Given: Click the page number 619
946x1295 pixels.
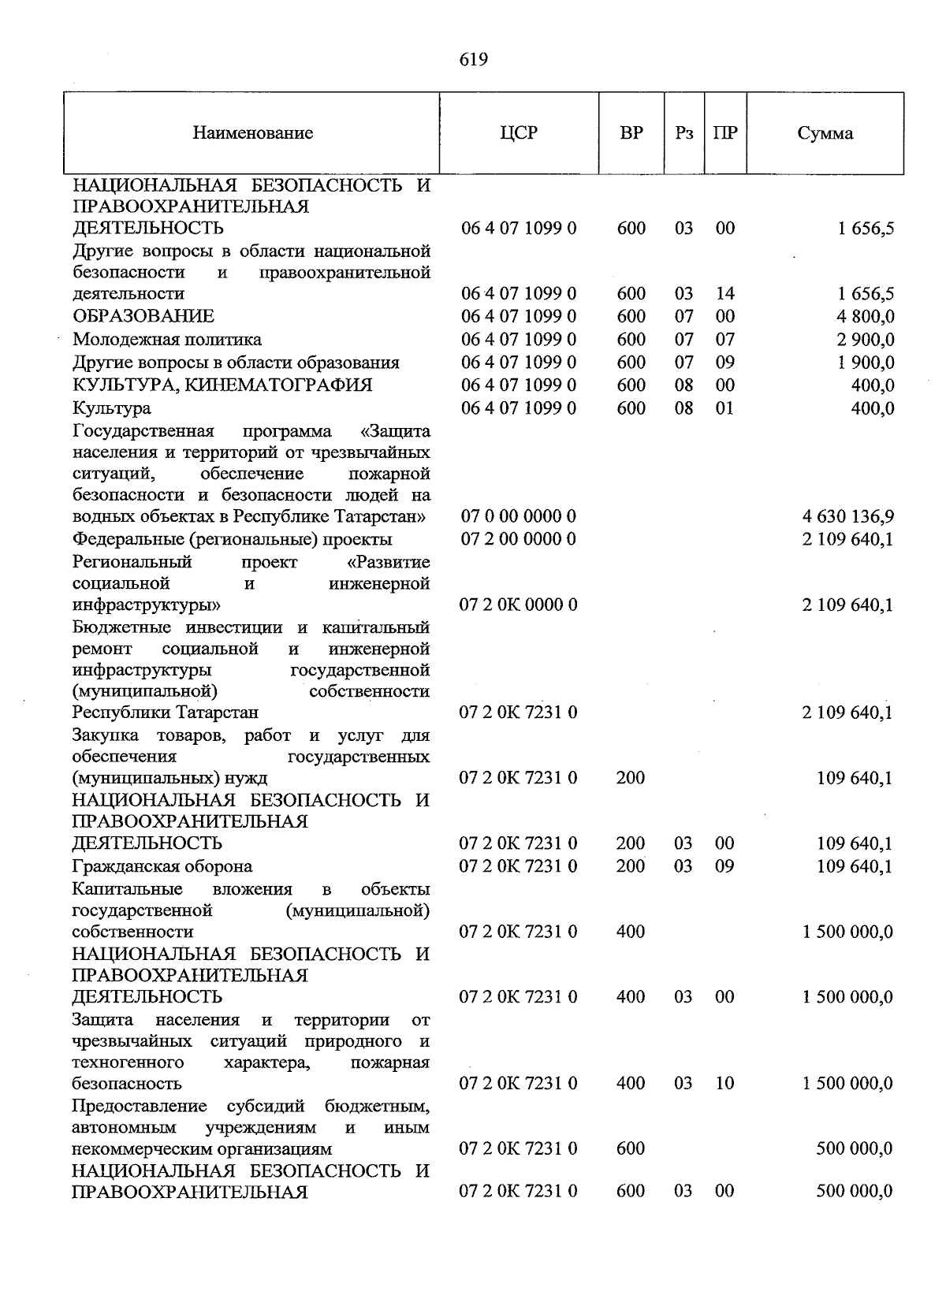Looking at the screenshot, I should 473,60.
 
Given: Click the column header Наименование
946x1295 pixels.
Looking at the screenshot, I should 252,133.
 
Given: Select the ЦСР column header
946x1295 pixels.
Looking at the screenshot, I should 519,133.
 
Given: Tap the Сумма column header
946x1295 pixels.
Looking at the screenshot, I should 825,133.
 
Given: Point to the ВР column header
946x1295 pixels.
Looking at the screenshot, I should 631,133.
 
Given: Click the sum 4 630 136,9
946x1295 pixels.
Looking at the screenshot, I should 847,517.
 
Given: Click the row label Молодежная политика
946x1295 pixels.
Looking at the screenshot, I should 167,340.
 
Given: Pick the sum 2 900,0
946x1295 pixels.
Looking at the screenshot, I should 866,340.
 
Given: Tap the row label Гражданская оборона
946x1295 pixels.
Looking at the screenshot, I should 162,866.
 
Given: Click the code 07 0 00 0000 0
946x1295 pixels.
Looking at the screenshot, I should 518,517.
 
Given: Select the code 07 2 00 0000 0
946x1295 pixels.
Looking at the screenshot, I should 518,540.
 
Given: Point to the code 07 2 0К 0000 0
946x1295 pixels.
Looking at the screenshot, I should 518,605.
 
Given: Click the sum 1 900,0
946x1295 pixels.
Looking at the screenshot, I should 866,363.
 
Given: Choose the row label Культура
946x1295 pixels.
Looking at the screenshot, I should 112,408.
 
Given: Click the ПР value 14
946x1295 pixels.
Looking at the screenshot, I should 724,294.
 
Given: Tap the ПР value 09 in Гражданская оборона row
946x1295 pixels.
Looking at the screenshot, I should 724,866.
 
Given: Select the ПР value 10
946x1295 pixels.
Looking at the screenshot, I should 724,1084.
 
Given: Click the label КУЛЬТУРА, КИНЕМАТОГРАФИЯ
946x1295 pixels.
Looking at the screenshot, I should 222,385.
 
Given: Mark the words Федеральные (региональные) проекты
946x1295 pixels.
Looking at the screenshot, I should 232,540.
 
